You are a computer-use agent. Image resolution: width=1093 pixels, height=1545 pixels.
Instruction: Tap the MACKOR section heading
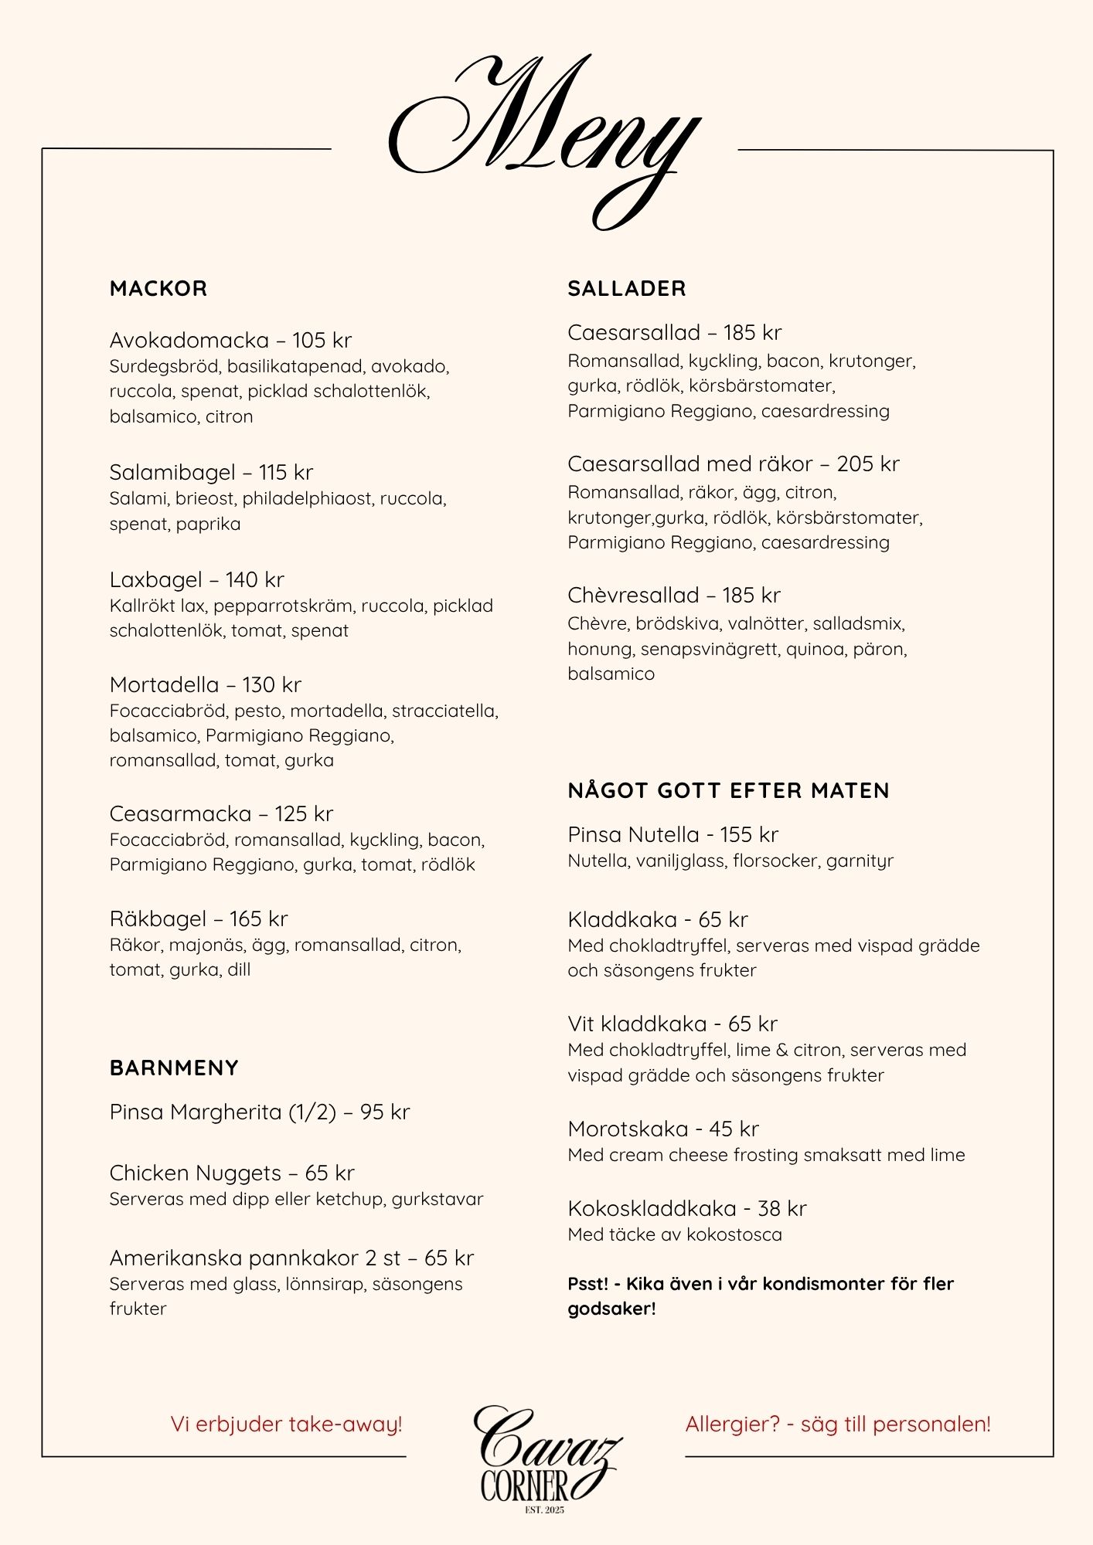158,289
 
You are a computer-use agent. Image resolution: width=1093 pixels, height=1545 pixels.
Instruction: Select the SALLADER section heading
627,289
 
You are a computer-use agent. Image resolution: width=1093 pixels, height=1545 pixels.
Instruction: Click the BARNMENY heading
174,1068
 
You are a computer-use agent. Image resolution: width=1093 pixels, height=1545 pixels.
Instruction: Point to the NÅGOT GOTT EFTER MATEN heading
728,790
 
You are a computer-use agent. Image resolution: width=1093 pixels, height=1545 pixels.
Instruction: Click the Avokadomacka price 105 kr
322,340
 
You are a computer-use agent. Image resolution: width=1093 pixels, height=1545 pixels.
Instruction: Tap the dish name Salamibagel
172,472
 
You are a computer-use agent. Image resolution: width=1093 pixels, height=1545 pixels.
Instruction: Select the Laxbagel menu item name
155,579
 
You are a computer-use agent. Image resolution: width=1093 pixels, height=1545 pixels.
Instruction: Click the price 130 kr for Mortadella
271,684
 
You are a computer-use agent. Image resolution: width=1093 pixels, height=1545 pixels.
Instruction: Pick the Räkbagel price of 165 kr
258,919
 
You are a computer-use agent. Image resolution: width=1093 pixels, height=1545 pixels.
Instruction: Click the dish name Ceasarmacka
180,813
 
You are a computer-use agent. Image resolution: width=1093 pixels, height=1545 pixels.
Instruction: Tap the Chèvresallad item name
633,595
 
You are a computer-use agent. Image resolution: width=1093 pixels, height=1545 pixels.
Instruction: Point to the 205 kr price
868,463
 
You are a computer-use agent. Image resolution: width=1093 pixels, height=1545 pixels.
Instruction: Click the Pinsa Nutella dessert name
633,834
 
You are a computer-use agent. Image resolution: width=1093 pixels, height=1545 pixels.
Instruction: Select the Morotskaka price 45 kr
734,1129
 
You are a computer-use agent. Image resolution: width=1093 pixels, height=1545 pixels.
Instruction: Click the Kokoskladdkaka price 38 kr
781,1208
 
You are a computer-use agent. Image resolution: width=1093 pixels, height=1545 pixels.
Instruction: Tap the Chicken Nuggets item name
195,1173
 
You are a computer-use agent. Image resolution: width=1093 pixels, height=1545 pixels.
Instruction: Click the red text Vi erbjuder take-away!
286,1424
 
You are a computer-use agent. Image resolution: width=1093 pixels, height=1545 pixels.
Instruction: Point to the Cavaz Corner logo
545,1456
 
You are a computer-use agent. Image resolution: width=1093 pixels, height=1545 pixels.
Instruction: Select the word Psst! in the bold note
587,1284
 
